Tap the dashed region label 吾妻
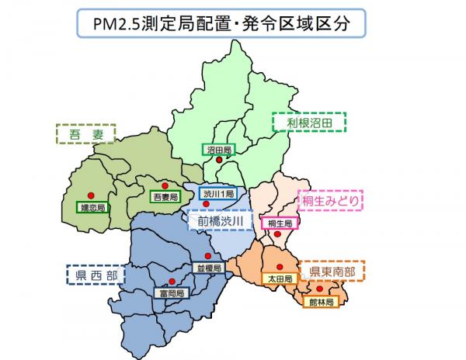pyautogui.click(x=85, y=134)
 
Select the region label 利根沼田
pyautogui.click(x=309, y=123)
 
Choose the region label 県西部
pyautogui.click(x=92, y=276)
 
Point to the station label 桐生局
pyautogui.click(x=278, y=223)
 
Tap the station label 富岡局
pyautogui.click(x=171, y=293)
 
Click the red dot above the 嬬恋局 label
pyautogui.click(x=90, y=195)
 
